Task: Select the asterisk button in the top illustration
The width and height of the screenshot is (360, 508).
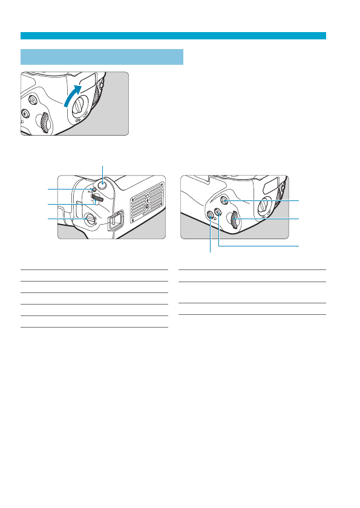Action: click(x=25, y=112)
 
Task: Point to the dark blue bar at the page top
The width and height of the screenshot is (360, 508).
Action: click(x=173, y=36)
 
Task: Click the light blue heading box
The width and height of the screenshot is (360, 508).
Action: click(x=102, y=57)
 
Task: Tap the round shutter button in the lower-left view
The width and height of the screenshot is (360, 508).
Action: click(x=103, y=186)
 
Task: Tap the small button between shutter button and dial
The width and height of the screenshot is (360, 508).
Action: click(x=93, y=189)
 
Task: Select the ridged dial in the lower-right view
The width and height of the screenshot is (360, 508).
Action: click(x=235, y=220)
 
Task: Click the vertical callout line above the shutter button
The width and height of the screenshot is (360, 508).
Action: click(x=103, y=171)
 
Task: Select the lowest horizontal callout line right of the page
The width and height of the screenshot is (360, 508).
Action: click(x=259, y=246)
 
